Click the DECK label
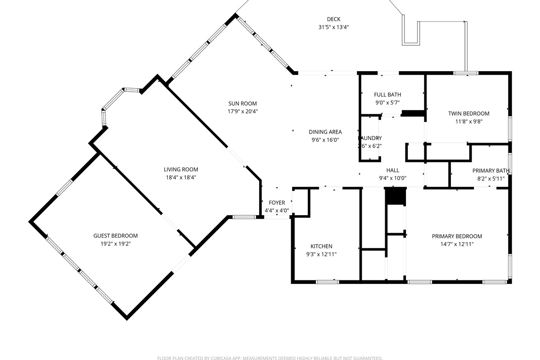(x=333, y=19)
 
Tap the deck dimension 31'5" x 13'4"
(x=333, y=27)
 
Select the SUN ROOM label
(x=243, y=103)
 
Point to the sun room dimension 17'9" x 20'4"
(x=243, y=111)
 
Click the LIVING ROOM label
(x=181, y=170)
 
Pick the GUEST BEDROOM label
(x=116, y=236)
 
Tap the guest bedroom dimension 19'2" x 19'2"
(x=116, y=243)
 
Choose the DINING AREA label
(x=325, y=132)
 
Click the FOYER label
(x=277, y=203)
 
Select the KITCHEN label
(x=321, y=246)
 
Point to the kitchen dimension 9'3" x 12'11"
(x=321, y=254)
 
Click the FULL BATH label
(x=387, y=94)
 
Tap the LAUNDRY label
(x=370, y=138)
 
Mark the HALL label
(x=393, y=170)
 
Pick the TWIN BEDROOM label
(x=468, y=113)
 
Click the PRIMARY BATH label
(x=490, y=171)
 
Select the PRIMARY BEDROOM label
(x=457, y=236)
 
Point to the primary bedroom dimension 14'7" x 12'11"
(x=457, y=244)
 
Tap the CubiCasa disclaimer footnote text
(x=270, y=358)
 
